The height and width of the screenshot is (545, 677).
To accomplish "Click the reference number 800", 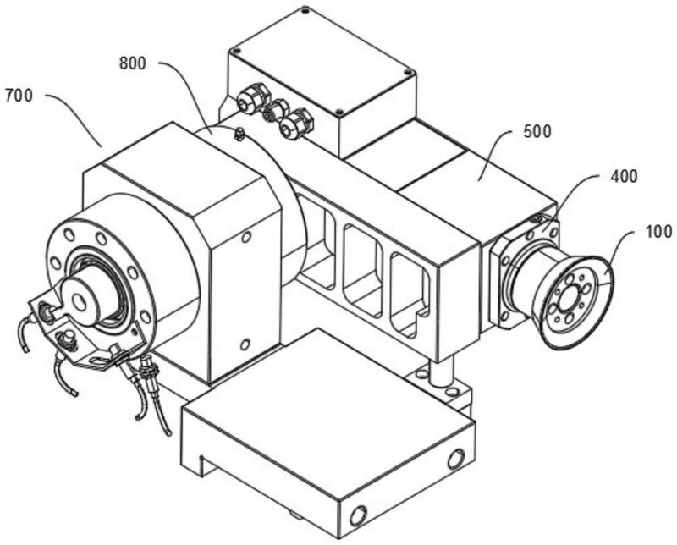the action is tap(133, 64).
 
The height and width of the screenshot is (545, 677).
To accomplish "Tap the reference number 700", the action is tap(19, 96).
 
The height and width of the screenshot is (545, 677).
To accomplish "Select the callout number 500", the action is tap(537, 131).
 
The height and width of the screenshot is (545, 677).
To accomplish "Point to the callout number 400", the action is tap(624, 176).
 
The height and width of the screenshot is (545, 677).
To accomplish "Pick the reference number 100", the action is tap(658, 232).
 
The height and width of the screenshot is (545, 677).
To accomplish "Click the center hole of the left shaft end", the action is tap(79, 302).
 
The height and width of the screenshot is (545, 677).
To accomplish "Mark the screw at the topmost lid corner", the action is tap(305, 9).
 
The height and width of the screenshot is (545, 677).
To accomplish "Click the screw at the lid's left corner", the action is tap(236, 51).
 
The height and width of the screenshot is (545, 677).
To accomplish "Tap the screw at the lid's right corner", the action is tap(407, 72).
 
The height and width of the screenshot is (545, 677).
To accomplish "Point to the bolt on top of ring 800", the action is tap(238, 134).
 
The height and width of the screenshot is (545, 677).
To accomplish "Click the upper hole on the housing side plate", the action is tap(246, 237).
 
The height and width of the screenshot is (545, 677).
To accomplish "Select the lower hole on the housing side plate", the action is tap(245, 344).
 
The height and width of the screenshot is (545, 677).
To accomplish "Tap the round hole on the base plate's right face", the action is tap(456, 459).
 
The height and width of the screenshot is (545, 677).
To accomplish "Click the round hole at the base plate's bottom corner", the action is tap(358, 515).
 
